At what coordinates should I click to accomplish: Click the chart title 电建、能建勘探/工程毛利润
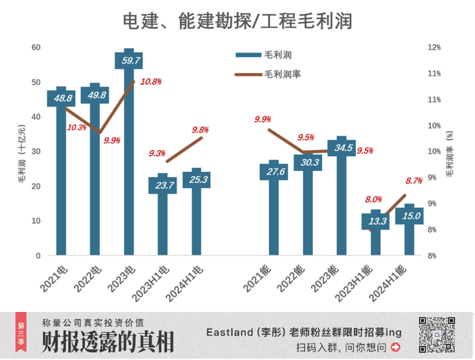237,21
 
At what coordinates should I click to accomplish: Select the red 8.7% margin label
414,180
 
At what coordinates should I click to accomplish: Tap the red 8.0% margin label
374,199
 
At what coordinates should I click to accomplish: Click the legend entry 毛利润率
283,74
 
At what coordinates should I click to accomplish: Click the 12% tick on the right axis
434,47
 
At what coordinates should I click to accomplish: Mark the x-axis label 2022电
88,279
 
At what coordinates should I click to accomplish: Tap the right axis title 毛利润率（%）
451,153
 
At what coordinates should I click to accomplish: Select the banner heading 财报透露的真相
108,342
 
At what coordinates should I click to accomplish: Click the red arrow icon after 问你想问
396,346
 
